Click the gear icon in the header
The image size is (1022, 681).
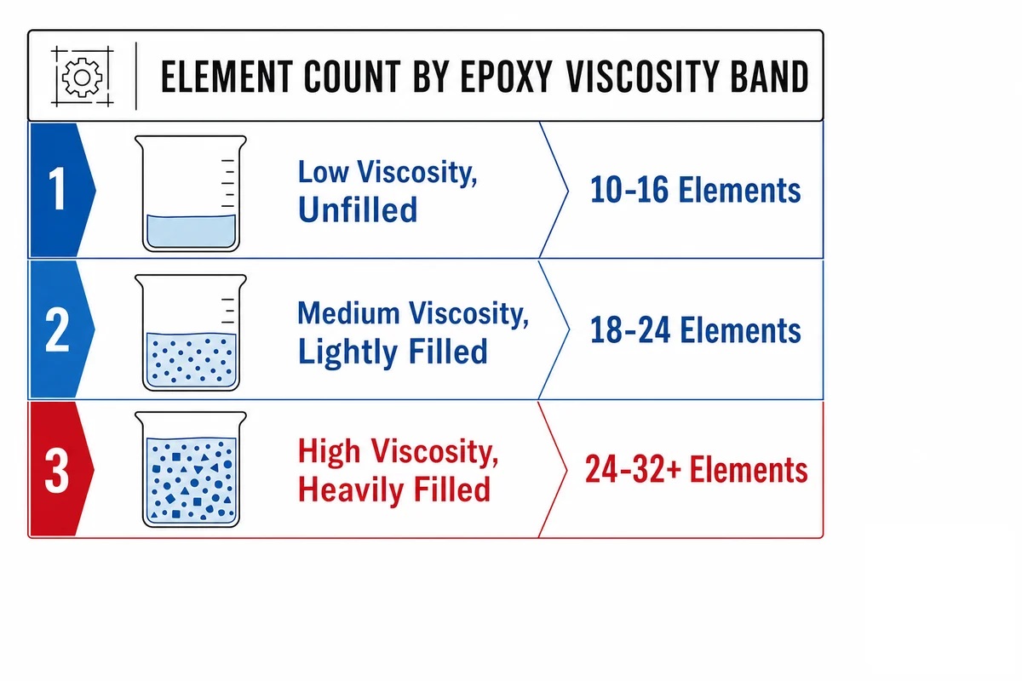point(82,77)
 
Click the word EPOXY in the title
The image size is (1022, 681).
point(507,77)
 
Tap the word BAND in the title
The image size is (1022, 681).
point(769,77)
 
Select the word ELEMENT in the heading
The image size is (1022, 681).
point(227,77)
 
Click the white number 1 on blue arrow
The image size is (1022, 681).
point(58,188)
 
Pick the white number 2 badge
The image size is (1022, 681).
point(58,329)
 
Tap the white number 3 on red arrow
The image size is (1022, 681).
point(57,470)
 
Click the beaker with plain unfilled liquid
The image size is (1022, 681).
point(191,193)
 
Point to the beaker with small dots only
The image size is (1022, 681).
point(191,333)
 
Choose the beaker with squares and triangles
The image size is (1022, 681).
point(191,469)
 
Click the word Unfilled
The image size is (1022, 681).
point(358,209)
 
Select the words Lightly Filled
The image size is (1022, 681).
point(393,352)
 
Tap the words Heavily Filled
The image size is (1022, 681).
point(394,489)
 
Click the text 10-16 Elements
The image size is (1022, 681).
point(695,190)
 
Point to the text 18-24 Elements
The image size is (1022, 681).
point(695,330)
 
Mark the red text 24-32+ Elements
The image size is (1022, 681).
point(697,469)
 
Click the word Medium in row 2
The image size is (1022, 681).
point(348,313)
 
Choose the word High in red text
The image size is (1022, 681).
point(329,451)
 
